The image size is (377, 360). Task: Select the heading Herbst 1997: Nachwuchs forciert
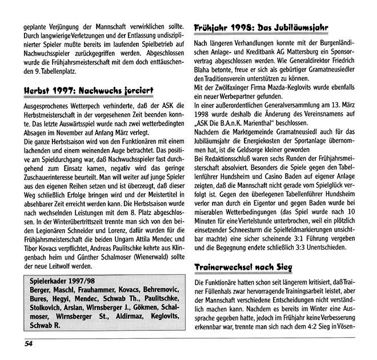pyautogui.click(x=89, y=91)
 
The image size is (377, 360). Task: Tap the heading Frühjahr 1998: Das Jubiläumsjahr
pyautogui.click(x=264, y=27)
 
